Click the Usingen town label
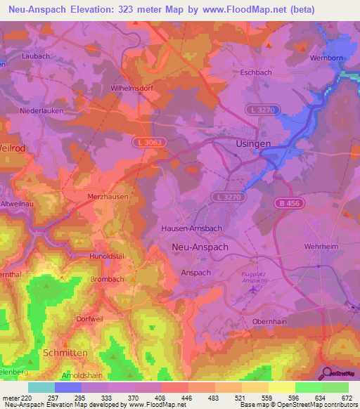pyautogui.click(x=250, y=144)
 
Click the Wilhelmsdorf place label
pyautogui.click(x=132, y=89)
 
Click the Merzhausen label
pyautogui.click(x=108, y=197)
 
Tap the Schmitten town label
pyautogui.click(x=66, y=351)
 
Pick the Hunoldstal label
pyautogui.click(x=108, y=257)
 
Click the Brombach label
pyautogui.click(x=108, y=279)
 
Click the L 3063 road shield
pyautogui.click(x=145, y=141)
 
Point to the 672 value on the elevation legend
pyautogui.click(x=347, y=398)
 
